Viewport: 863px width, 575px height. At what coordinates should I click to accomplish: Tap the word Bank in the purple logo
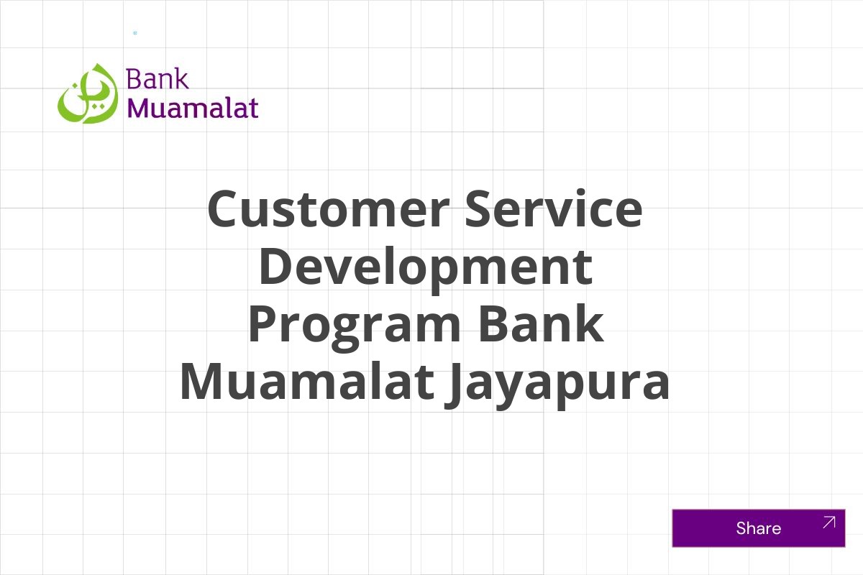coord(157,78)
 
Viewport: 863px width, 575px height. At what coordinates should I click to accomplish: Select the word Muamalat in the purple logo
coord(192,107)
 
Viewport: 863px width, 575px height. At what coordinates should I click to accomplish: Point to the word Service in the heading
coord(553,209)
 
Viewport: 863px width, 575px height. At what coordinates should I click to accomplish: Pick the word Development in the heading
coord(425,267)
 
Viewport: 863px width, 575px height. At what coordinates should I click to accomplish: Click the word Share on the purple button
coord(758,528)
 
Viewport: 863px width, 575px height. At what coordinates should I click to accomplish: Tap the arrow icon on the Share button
coord(828,523)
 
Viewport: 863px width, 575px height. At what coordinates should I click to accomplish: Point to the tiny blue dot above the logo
coord(135,33)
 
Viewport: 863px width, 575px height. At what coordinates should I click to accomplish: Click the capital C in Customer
coord(224,209)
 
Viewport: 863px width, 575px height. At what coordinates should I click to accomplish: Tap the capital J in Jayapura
coord(452,383)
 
